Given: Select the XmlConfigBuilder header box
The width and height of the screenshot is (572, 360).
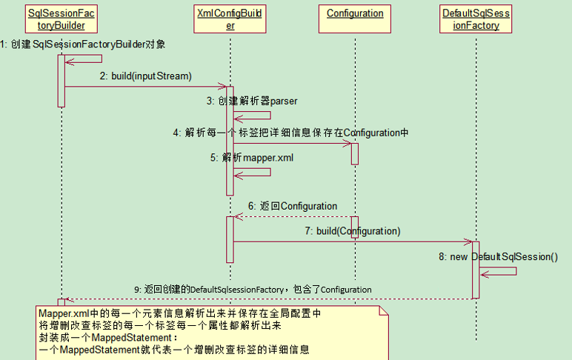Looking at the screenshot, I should pos(230,19).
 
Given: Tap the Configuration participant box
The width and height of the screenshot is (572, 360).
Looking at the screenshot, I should pos(355,13).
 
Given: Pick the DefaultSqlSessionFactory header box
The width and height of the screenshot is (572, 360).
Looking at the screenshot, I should pos(476,19).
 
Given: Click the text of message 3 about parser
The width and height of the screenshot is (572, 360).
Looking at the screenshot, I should pos(252,100).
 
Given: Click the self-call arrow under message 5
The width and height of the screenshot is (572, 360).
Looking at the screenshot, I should pos(256,173).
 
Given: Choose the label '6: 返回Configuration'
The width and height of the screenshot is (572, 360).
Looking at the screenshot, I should pos(292,205).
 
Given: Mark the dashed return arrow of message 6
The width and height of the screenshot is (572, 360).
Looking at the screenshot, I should pos(293,217).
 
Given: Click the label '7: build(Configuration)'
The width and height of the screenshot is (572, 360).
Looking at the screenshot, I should pos(352,230).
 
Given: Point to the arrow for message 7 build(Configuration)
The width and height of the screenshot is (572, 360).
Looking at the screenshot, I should pos(352,241).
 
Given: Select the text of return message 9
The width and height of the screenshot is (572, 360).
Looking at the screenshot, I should pos(253,289).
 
